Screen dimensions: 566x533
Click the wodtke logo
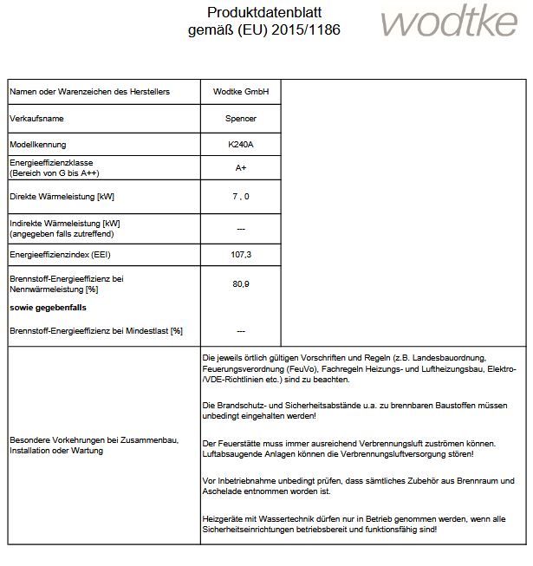coord(449,23)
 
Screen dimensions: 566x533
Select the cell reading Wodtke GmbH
coord(241,91)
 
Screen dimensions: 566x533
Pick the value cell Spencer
coord(241,118)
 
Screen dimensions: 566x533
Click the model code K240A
coord(241,143)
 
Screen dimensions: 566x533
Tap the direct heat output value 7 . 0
coord(241,197)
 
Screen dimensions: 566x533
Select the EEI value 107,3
coord(241,255)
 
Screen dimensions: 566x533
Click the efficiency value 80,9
coord(241,283)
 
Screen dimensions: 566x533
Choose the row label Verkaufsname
coord(37,118)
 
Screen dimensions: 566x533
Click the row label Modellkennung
coord(37,143)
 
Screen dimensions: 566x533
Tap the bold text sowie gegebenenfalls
coord(49,308)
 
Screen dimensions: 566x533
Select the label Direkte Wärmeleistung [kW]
coord(62,197)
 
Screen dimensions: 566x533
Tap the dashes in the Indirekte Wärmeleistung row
coord(241,229)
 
